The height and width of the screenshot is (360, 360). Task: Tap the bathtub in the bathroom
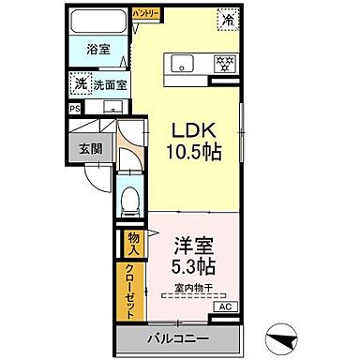point(97,22)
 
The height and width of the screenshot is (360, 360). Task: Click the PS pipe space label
point(75,108)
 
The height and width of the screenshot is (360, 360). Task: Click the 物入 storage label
point(134,245)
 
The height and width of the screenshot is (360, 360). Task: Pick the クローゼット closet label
point(134,292)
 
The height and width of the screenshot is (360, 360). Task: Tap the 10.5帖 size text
point(194,152)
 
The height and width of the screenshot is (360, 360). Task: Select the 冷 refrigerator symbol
point(229,18)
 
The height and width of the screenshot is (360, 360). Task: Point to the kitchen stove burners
point(224,64)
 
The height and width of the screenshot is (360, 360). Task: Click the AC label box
point(225,307)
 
